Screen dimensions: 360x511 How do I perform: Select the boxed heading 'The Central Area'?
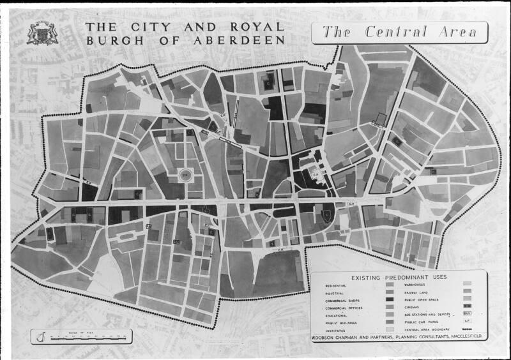coord(399,33)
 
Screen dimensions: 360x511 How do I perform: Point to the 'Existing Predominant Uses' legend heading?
coord(399,276)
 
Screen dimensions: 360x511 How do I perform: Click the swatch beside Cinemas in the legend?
coord(467,308)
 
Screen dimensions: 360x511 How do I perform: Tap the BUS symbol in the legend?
coord(467,315)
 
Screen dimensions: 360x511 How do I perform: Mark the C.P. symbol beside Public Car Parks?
coord(467,323)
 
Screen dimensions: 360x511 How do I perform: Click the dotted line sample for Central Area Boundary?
coord(467,331)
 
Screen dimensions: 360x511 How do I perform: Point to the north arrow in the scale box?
coord(41,336)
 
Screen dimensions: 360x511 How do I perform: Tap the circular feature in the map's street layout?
coord(185,174)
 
